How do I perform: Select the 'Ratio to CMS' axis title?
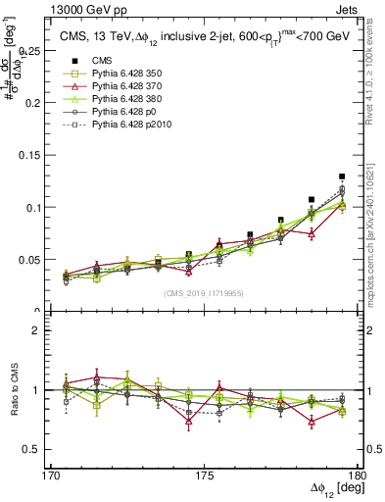(x=13, y=391)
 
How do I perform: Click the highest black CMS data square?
(x=342, y=176)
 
